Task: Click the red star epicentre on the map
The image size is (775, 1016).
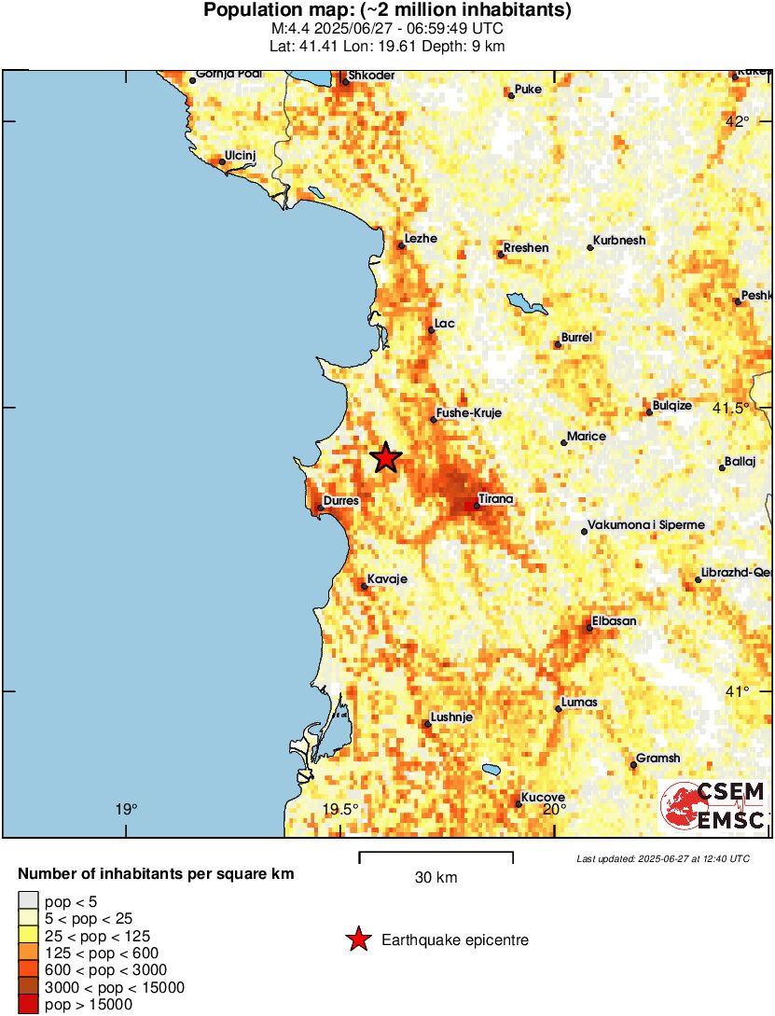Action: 385,458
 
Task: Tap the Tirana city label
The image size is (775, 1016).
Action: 495,499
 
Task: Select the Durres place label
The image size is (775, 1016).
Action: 340,501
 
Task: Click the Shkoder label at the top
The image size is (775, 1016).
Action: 371,76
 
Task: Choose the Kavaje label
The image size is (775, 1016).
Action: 387,579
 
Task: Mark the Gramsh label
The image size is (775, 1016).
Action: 657,759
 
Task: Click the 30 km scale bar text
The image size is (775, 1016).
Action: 436,878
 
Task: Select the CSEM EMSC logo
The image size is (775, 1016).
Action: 714,806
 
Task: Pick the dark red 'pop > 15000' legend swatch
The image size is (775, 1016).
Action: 29,1005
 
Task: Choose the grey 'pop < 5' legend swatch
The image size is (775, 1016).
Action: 29,900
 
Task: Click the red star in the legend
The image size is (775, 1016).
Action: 357,940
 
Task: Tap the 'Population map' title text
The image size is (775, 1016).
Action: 387,11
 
